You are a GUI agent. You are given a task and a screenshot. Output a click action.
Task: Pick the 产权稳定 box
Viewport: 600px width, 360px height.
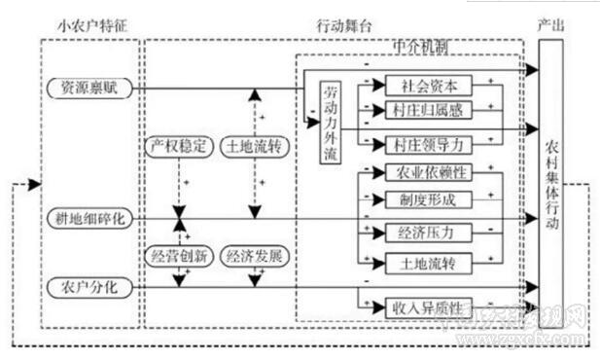pyautogui.click(x=177, y=147)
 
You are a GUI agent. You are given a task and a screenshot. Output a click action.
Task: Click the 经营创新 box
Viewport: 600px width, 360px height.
pyautogui.click(x=177, y=257)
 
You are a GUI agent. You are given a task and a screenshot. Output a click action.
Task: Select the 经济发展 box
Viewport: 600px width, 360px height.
pyautogui.click(x=255, y=257)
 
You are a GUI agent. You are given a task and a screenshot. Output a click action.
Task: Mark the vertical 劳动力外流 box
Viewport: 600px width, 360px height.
pyautogui.click(x=332, y=124)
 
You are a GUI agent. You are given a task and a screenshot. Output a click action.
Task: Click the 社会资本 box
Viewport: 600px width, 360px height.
pyautogui.click(x=429, y=85)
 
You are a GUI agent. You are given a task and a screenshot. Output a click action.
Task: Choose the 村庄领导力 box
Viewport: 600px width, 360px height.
pyautogui.click(x=429, y=145)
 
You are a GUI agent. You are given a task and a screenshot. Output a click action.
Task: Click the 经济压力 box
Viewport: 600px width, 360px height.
pyautogui.click(x=429, y=233)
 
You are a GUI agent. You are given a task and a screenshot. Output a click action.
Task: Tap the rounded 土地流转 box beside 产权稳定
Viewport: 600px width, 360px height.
pyautogui.click(x=255, y=147)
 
